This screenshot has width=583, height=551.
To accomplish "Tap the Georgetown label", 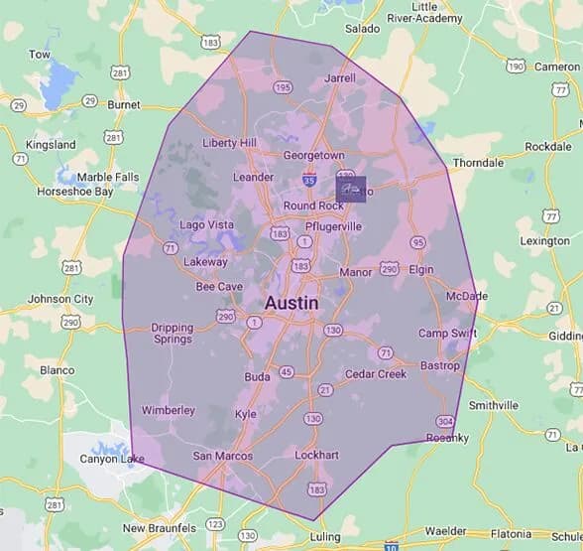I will (x=313, y=156).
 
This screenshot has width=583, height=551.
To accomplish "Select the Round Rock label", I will (x=312, y=206).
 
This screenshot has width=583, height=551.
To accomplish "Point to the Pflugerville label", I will (x=333, y=226).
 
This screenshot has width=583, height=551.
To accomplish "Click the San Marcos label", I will (x=222, y=457).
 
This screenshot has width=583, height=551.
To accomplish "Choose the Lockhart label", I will (x=319, y=456).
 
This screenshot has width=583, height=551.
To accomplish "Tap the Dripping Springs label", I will (x=172, y=333).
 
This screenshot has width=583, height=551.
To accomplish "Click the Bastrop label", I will (x=440, y=366).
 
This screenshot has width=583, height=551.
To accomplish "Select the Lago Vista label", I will (x=206, y=225).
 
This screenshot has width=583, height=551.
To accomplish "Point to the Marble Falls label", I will (x=109, y=177).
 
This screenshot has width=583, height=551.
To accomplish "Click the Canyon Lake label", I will (x=112, y=459).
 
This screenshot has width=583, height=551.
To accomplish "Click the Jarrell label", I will (x=340, y=77).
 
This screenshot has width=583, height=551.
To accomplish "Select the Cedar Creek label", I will (x=376, y=374).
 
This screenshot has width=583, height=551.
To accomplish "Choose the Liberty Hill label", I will (x=229, y=143).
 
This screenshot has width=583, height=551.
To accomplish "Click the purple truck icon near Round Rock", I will (x=351, y=188).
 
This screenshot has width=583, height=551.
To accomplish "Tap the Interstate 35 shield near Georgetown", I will (x=310, y=181).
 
